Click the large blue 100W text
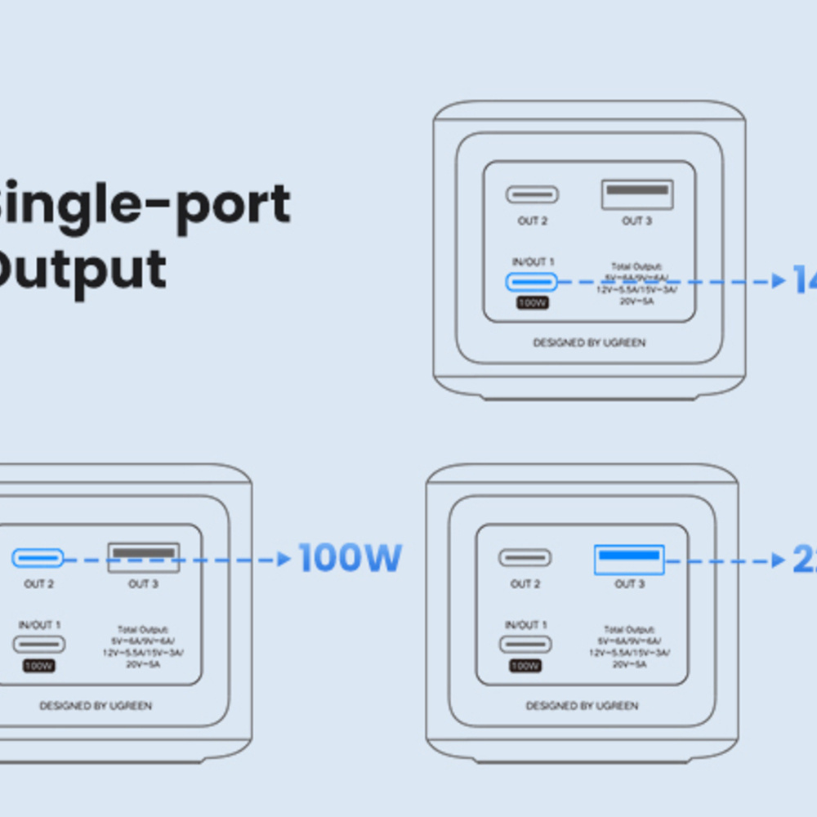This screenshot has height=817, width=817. point(350,558)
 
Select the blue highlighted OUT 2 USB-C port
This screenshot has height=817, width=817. point(38,559)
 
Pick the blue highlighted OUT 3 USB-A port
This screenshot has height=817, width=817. point(628,560)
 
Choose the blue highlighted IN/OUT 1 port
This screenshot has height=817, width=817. point(531,283)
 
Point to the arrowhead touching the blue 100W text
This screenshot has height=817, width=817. point(283,560)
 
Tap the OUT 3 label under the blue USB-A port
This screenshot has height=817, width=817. point(629,584)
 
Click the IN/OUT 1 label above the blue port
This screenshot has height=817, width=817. point(532,262)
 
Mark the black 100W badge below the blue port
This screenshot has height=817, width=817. point(532,303)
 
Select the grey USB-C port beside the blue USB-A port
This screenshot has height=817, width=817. point(525,558)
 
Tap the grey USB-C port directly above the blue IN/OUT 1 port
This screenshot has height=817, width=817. point(532,194)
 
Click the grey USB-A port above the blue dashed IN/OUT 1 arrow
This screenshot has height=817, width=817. point(637,194)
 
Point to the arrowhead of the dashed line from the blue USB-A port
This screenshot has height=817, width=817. point(779,561)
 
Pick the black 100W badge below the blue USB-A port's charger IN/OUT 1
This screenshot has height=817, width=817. point(525,666)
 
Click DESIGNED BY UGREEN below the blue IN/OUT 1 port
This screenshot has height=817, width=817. point(589,343)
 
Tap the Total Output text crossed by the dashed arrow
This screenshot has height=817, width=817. point(636,283)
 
